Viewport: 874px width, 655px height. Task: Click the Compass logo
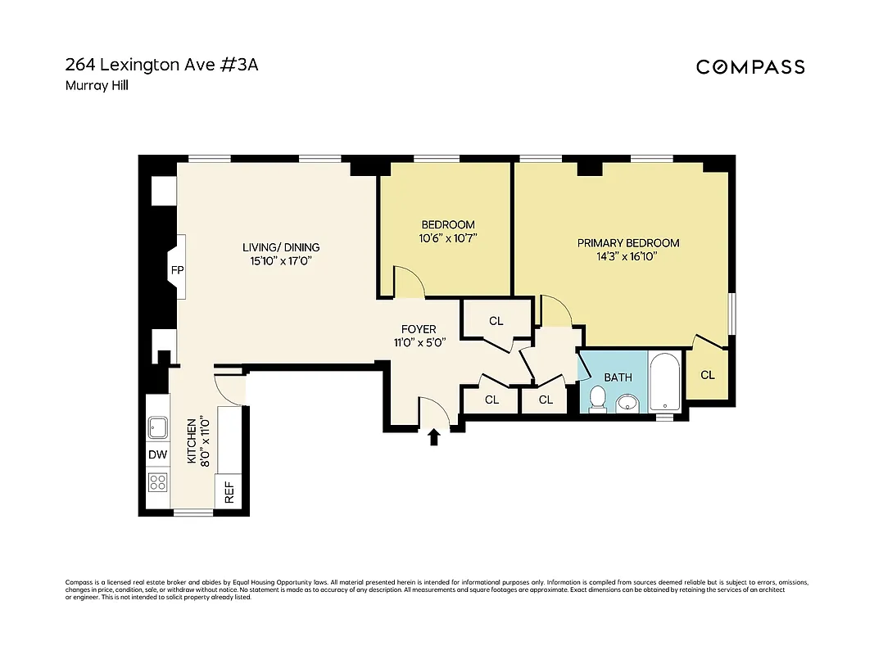(x=750, y=67)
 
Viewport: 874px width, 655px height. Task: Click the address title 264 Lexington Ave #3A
(x=161, y=65)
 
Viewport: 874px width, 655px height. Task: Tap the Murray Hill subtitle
(x=97, y=85)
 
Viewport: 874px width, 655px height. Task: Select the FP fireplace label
(x=176, y=269)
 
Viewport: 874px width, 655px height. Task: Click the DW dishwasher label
(x=157, y=455)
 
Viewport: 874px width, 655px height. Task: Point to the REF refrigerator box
(x=229, y=493)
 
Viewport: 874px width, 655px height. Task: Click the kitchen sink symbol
(x=156, y=427)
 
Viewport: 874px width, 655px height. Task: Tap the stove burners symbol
(x=157, y=482)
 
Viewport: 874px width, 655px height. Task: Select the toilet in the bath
(x=598, y=400)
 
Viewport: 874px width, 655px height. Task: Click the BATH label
(x=618, y=377)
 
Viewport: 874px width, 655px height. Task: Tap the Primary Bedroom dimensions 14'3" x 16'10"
(x=628, y=256)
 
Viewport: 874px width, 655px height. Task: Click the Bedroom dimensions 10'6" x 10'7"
(x=447, y=238)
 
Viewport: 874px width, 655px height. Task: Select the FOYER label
(x=419, y=329)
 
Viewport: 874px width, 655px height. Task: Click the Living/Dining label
(x=281, y=247)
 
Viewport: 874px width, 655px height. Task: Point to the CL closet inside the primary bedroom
(x=708, y=374)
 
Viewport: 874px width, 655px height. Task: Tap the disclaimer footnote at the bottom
(x=436, y=589)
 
